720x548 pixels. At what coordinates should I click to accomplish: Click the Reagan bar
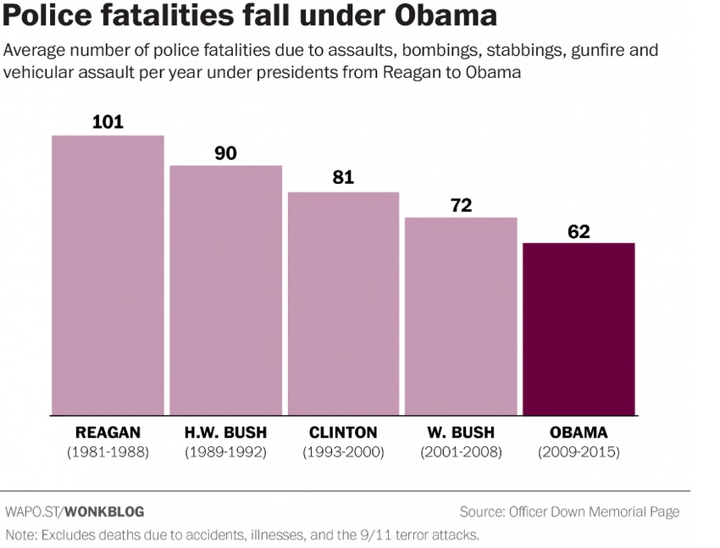[108, 275]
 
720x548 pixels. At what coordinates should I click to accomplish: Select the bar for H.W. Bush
[225, 290]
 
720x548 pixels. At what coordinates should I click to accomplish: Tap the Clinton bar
[343, 303]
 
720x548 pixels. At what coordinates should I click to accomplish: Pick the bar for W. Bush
[461, 316]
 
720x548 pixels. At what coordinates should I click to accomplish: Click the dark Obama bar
[579, 329]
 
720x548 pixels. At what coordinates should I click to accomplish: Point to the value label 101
[108, 122]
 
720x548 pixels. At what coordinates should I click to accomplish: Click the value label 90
[225, 153]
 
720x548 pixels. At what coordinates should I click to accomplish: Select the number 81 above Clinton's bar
[343, 179]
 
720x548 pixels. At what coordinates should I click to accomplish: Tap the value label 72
[461, 205]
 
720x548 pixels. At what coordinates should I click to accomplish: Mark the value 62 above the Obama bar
[579, 231]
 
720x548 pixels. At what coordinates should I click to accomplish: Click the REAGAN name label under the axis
[108, 432]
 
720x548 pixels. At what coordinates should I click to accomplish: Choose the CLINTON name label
[343, 432]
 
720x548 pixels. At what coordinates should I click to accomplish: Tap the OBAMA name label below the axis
[579, 432]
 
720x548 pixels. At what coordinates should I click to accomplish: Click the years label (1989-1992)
[225, 452]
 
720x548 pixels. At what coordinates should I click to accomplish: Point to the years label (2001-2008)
[461, 452]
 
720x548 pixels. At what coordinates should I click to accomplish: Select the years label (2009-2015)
[579, 452]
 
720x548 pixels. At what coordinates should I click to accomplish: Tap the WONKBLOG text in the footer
[104, 512]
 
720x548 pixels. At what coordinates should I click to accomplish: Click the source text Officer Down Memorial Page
[594, 512]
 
